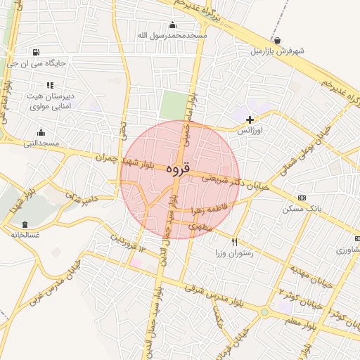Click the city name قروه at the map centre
click(x=179, y=170)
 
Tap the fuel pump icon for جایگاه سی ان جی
click(x=35, y=51)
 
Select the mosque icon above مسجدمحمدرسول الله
click(x=172, y=25)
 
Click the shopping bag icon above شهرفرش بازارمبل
click(x=279, y=40)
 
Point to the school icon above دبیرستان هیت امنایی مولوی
click(x=49, y=84)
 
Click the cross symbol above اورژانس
click(x=250, y=120)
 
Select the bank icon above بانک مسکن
click(x=302, y=198)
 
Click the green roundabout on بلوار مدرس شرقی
click(x=264, y=311)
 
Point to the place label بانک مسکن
click(x=302, y=210)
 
